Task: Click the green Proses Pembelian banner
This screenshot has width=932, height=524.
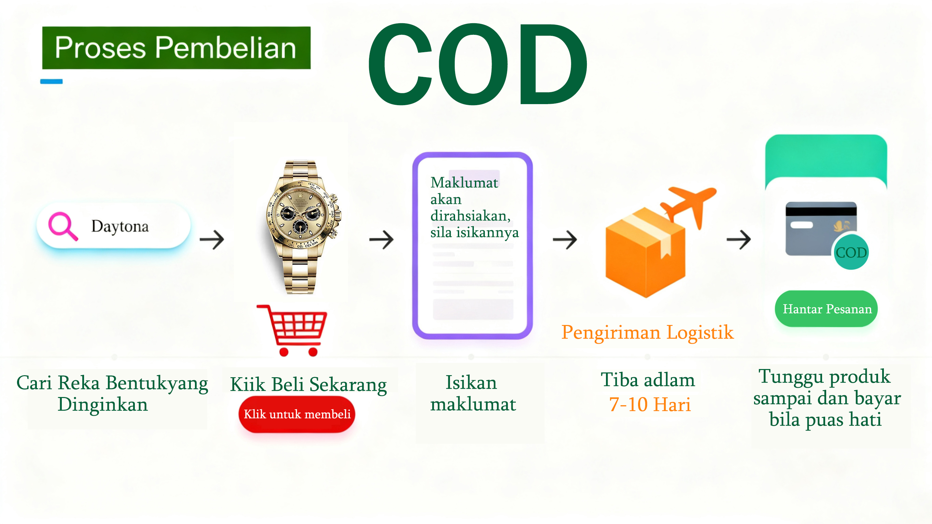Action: (176, 48)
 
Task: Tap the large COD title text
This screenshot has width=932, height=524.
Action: (478, 65)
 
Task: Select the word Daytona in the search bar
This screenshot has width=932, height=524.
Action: (120, 227)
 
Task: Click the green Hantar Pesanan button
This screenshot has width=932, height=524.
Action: (827, 309)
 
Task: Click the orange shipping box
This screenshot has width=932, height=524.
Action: (646, 253)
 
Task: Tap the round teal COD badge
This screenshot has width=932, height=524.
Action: (851, 252)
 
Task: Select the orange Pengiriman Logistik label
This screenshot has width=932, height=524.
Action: (647, 332)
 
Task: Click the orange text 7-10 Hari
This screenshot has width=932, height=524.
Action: (650, 404)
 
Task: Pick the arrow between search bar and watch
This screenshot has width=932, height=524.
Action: (212, 240)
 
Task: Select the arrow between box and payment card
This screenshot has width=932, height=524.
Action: (739, 240)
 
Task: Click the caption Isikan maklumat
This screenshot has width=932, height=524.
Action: (473, 393)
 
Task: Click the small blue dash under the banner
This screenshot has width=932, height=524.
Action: (51, 82)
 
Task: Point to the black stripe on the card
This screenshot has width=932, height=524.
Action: (821, 210)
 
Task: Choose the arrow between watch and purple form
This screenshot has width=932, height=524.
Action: (381, 240)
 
